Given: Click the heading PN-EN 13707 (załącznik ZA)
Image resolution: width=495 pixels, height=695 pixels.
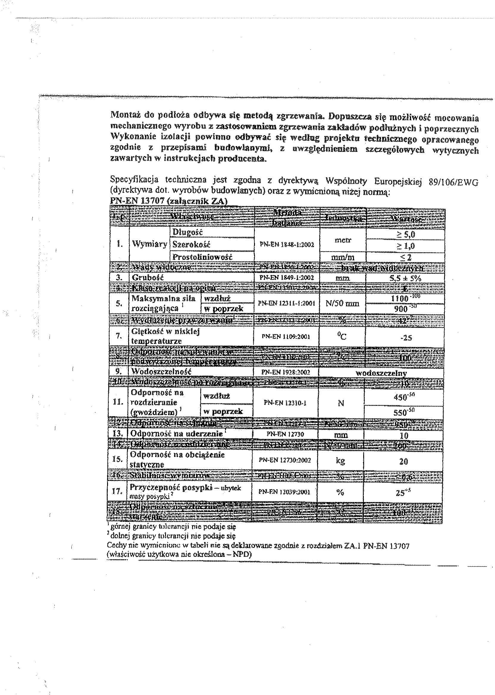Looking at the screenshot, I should [169, 201].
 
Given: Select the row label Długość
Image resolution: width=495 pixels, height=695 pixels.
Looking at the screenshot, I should [187, 232].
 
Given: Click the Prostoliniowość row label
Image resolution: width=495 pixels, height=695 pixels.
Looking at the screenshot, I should [202, 257].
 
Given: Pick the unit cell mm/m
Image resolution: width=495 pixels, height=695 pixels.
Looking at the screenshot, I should [343, 258].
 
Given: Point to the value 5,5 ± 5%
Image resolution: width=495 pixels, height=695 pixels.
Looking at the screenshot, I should [405, 278].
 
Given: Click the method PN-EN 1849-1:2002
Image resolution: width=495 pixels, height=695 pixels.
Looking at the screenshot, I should [286, 278].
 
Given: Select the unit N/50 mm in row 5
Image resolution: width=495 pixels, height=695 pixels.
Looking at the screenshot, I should [343, 303].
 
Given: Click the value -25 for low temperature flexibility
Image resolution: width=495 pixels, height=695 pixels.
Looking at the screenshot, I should [405, 338].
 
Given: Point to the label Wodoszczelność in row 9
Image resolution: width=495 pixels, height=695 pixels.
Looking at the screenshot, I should [161, 372].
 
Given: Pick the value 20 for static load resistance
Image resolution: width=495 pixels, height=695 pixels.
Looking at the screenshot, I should [404, 461].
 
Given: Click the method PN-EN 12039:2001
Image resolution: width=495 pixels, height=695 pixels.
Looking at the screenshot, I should [284, 491].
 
